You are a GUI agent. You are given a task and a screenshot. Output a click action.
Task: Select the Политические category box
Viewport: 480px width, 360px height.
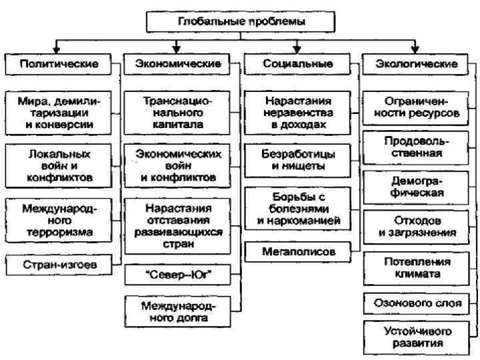point(59,65)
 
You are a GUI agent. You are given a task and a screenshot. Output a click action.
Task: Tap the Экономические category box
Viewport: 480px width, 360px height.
point(178,65)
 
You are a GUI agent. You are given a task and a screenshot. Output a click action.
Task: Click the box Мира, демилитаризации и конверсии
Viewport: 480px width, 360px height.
point(59,113)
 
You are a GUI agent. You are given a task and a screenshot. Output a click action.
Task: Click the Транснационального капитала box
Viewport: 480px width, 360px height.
point(178,113)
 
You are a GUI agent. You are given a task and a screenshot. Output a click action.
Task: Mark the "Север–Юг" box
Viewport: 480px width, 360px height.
point(178,274)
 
